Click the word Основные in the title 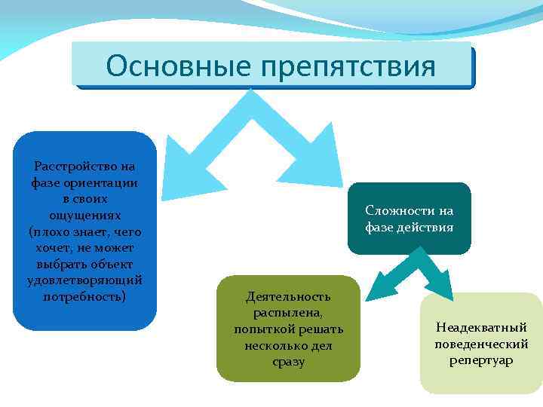point(179,66)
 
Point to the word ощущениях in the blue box point(84,215)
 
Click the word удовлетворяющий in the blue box point(84,280)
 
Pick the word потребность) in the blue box point(84,296)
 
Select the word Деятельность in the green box point(288,296)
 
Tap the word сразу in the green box point(288,362)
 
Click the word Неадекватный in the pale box point(481,327)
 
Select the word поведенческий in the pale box point(481,344)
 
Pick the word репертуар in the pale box point(481,360)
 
